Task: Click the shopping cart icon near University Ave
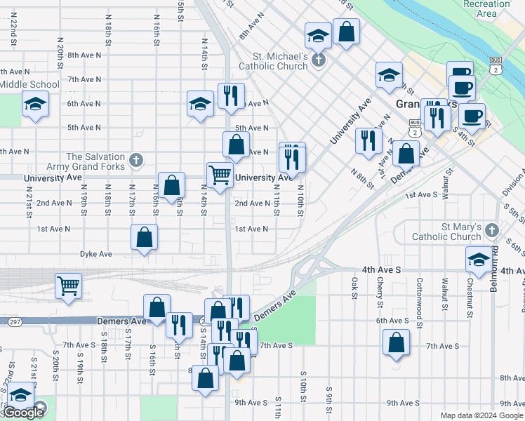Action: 220,175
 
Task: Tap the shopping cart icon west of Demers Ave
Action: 69,285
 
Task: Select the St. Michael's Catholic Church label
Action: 281,61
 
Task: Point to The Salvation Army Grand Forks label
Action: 96,162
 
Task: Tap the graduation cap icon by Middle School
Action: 34,105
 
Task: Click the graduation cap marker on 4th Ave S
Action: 479,260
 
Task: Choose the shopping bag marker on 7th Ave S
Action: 396,343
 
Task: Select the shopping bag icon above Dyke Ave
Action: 144,237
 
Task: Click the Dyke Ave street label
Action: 96,254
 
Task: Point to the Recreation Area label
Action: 486,8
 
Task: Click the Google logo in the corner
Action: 22,413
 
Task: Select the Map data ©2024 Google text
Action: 481,415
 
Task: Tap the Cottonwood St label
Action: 419,290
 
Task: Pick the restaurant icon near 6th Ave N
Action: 231,96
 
